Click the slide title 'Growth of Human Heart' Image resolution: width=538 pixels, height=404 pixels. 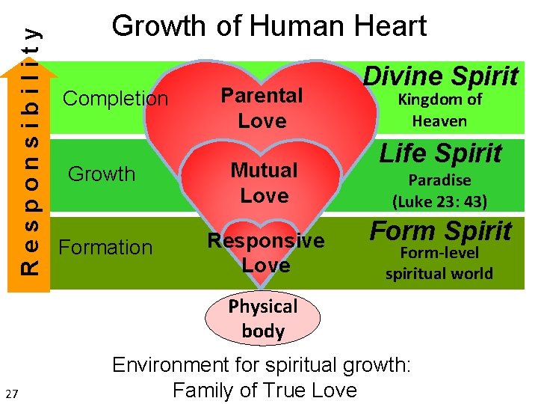tap(269, 27)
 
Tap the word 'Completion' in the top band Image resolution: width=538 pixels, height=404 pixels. tap(116, 99)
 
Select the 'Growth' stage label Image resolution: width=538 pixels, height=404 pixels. tap(102, 174)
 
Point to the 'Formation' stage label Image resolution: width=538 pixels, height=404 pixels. tap(105, 248)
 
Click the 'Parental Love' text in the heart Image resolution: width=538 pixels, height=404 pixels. tap(262, 108)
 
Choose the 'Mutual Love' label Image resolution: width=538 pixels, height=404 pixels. tap(264, 183)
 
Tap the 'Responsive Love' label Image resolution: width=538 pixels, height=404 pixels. tap(266, 253)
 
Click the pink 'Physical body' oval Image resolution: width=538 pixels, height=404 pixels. tap(263, 319)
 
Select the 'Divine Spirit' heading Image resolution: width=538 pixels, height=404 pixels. tap(441, 76)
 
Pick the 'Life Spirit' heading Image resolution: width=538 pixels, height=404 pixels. tap(440, 153)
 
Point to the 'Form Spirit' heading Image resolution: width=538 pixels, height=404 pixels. tap(441, 231)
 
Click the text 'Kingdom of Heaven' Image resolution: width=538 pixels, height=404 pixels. tap(439, 110)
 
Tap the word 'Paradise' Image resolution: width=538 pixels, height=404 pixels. tap(439, 180)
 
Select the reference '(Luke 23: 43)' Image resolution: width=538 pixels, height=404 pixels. tap(439, 201)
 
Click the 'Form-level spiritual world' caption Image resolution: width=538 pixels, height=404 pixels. tap(439, 263)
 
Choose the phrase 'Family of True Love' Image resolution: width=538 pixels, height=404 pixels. tap(265, 390)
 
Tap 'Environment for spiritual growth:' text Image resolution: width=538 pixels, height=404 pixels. tap(262, 365)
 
